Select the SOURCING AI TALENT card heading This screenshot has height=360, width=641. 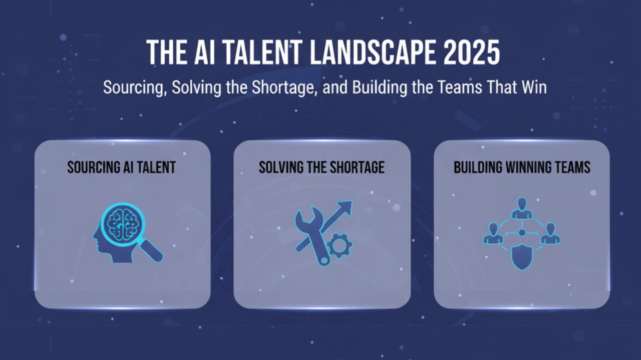[122, 167]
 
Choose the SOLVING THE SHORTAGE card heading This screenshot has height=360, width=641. [322, 167]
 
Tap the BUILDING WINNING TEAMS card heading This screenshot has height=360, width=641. [522, 167]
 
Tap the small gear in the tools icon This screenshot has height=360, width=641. [340, 246]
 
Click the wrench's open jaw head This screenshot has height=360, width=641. [304, 220]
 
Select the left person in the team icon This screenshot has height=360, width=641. [493, 234]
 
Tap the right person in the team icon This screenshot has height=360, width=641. [550, 234]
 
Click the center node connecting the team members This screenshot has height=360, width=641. [521, 233]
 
